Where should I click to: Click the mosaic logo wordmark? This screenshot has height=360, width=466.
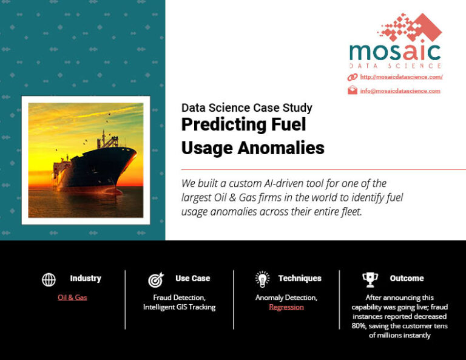pyautogui.click(x=395, y=51)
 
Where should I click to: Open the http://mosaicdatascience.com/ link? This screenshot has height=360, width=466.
pyautogui.click(x=401, y=77)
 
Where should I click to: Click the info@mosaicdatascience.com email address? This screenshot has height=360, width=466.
pyautogui.click(x=400, y=91)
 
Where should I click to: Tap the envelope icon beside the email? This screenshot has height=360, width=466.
pyautogui.click(x=352, y=91)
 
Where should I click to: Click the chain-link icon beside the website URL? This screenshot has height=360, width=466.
pyautogui.click(x=352, y=77)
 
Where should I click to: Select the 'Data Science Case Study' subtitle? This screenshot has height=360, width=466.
pyautogui.click(x=246, y=108)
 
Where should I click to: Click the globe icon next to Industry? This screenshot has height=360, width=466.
pyautogui.click(x=49, y=279)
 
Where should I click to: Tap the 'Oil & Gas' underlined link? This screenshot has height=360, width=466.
pyautogui.click(x=72, y=297)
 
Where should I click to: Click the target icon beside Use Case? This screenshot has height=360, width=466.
pyautogui.click(x=155, y=279)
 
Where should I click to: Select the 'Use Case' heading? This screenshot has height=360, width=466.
pyautogui.click(x=192, y=279)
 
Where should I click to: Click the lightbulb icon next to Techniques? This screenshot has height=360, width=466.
pyautogui.click(x=262, y=279)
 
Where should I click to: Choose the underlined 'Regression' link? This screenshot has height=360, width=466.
pyautogui.click(x=286, y=307)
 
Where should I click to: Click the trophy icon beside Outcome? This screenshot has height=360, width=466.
pyautogui.click(x=370, y=279)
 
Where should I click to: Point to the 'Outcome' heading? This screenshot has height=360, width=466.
pyautogui.click(x=407, y=279)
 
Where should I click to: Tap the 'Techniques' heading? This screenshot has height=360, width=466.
pyautogui.click(x=300, y=279)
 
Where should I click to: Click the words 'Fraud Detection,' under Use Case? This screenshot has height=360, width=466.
pyautogui.click(x=179, y=297)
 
